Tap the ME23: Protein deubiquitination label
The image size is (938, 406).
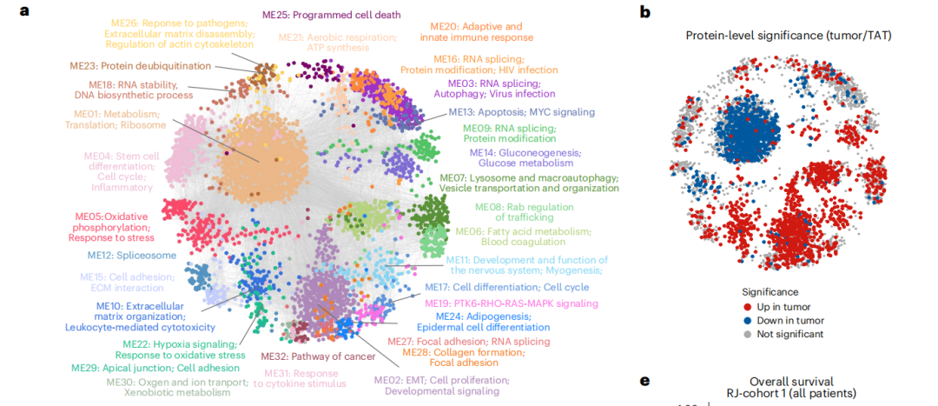click(153, 65)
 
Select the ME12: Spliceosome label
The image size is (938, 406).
click(132, 256)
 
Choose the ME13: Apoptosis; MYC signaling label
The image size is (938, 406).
click(521, 112)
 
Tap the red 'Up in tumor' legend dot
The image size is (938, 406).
click(748, 306)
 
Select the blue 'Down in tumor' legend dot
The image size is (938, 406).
click(748, 320)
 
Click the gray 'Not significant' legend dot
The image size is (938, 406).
click(748, 334)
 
